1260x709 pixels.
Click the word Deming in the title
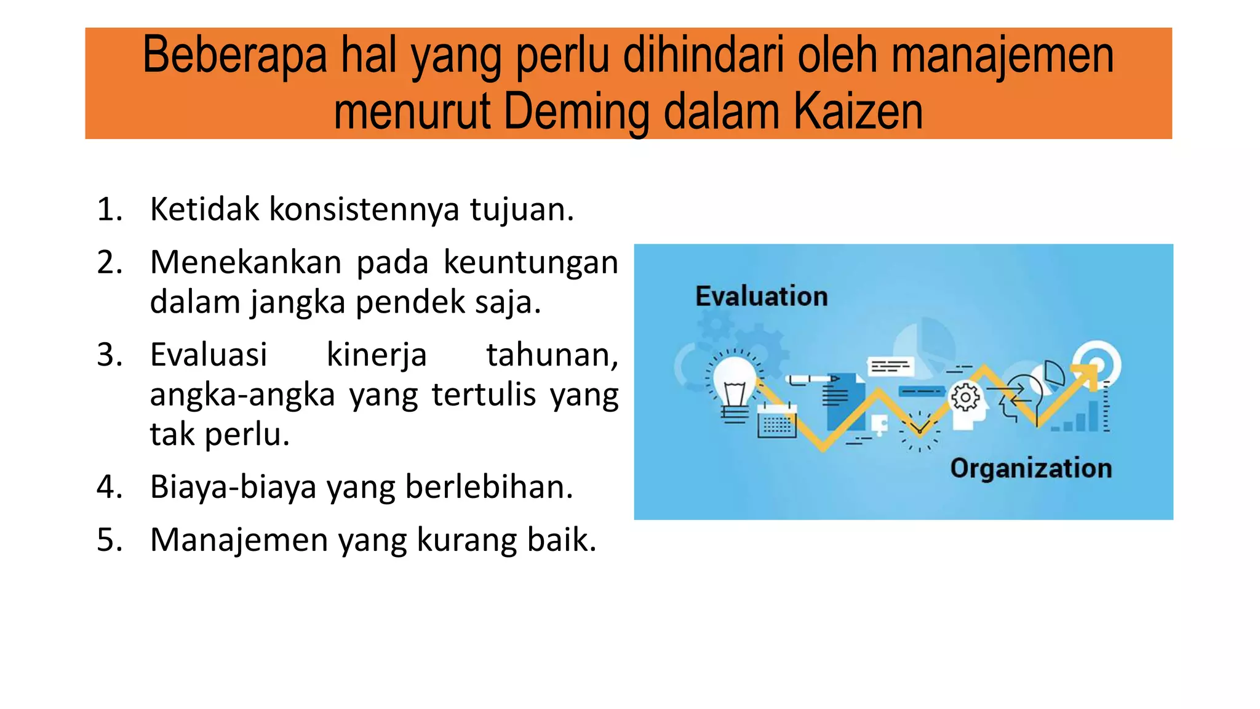tap(577, 112)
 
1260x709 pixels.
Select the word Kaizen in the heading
tap(858, 112)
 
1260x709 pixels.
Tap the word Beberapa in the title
tap(235, 55)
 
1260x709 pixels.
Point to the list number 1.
tap(110, 209)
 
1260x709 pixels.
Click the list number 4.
tap(110, 487)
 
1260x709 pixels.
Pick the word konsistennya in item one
tap(364, 209)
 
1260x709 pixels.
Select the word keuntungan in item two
tap(530, 262)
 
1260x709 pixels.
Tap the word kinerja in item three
tap(376, 355)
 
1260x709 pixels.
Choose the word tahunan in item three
tap(552, 355)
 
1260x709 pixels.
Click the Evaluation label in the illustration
tap(762, 297)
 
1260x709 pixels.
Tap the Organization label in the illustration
tap(1031, 468)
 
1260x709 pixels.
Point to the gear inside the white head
tap(965, 398)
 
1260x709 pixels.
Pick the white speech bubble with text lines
tap(890, 367)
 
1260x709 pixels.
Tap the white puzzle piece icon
tap(879, 424)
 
